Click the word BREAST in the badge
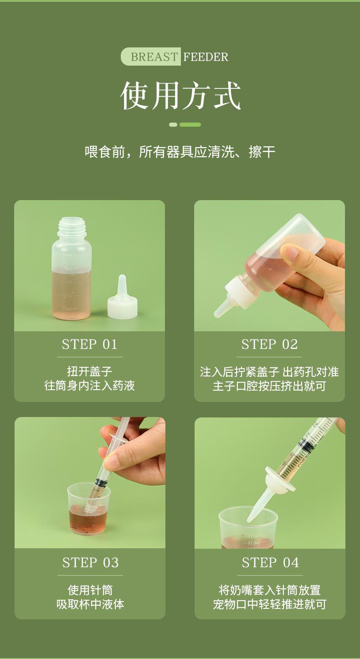(x=154, y=57)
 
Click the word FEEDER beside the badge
(x=206, y=57)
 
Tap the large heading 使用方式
(x=180, y=96)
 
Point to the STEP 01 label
(x=89, y=344)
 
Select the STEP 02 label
(x=269, y=344)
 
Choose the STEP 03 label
(x=90, y=562)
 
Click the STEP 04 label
(x=270, y=562)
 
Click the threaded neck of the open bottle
(x=72, y=227)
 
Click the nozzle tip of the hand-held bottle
(x=218, y=313)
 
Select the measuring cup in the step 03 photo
(x=89, y=509)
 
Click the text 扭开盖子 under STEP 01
(x=89, y=371)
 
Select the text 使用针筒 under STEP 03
(x=90, y=590)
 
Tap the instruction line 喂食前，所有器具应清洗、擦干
(x=180, y=152)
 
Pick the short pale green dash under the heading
(x=173, y=125)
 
